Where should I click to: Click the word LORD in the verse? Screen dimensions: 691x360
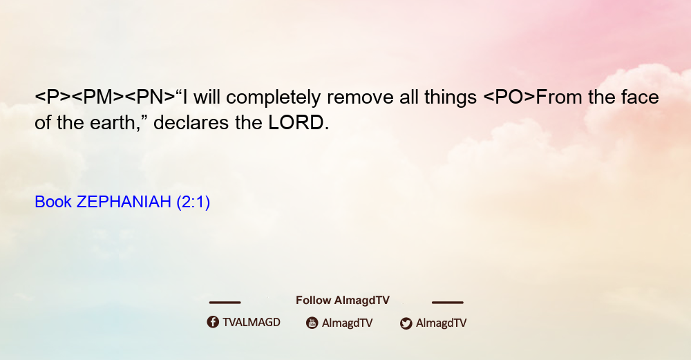[296, 122]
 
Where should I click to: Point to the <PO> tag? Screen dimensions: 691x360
[509, 97]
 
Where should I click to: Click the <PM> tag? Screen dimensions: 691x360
[97, 97]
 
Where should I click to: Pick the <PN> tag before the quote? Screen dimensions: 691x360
[149, 97]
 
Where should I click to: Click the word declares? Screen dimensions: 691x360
[191, 122]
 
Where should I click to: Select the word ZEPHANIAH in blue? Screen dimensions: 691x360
[124, 202]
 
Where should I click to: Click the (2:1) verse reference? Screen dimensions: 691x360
[193, 202]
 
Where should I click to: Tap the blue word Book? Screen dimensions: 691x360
[53, 202]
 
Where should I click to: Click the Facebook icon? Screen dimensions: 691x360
[213, 322]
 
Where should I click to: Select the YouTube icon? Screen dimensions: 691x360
[312, 323]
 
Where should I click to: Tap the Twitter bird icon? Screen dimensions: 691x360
[406, 323]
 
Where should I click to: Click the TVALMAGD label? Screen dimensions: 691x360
[252, 322]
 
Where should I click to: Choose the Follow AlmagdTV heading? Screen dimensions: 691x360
[343, 300]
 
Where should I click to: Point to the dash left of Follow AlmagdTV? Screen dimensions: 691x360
[225, 302]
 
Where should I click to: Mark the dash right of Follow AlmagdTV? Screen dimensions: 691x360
[448, 302]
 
